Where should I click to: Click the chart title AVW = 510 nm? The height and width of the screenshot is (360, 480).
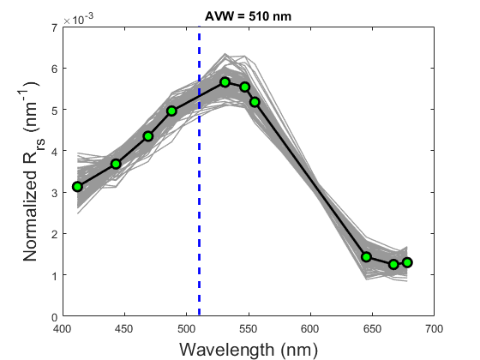(x=248, y=15)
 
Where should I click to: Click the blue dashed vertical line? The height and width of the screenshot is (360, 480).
(x=199, y=214)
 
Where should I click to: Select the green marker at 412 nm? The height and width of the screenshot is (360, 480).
(x=77, y=186)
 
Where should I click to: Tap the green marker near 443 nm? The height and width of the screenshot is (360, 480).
(x=116, y=164)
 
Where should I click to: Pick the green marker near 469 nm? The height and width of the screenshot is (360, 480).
(x=148, y=136)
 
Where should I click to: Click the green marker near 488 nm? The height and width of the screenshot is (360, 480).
(x=171, y=111)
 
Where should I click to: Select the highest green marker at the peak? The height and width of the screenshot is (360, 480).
(x=225, y=82)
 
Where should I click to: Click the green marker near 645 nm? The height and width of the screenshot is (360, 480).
(x=366, y=257)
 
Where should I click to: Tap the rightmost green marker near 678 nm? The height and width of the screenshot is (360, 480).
(x=407, y=262)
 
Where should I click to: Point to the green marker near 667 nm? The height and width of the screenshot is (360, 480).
(x=393, y=265)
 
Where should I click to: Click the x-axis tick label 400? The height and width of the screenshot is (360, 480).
(x=62, y=328)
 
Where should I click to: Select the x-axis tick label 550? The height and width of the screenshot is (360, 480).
(x=248, y=328)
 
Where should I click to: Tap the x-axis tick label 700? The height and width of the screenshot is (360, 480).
(x=434, y=328)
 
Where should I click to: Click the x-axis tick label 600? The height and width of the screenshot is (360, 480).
(x=309, y=328)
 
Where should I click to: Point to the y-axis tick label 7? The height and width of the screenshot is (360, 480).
(x=52, y=28)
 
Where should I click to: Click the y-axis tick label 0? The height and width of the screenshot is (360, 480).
(x=52, y=317)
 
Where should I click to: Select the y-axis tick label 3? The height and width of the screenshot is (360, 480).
(x=52, y=193)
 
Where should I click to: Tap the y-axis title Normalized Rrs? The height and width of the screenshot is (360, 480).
(x=26, y=171)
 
